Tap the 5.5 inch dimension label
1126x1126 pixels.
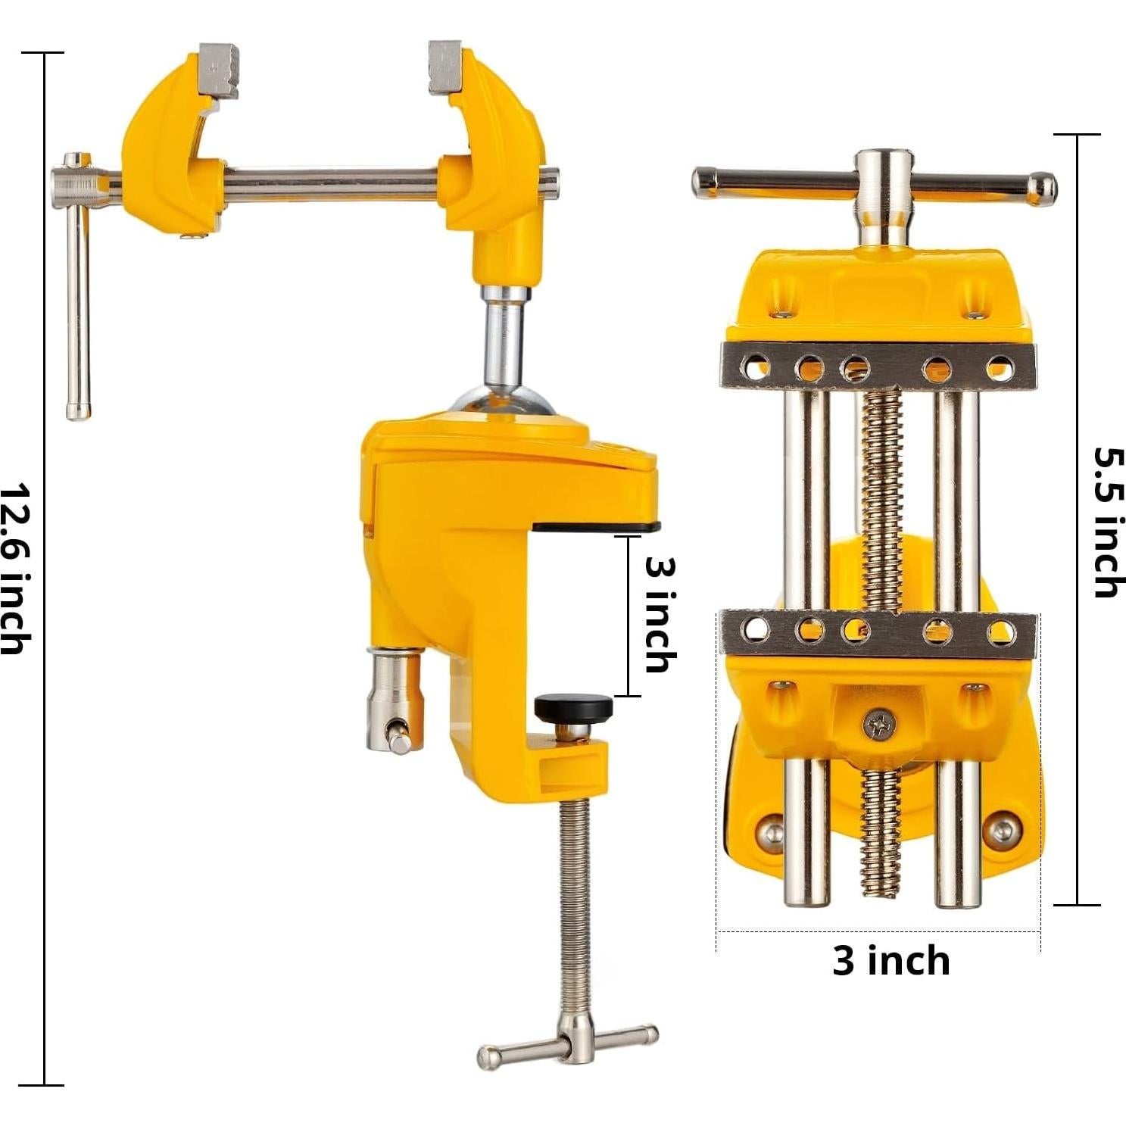tap(1109, 522)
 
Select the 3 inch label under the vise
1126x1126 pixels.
tap(891, 960)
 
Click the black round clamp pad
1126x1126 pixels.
tap(573, 708)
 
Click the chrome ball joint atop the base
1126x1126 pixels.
tap(501, 401)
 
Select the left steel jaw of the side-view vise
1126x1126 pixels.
tap(220, 70)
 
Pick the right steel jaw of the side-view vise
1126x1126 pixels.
tap(444, 67)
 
